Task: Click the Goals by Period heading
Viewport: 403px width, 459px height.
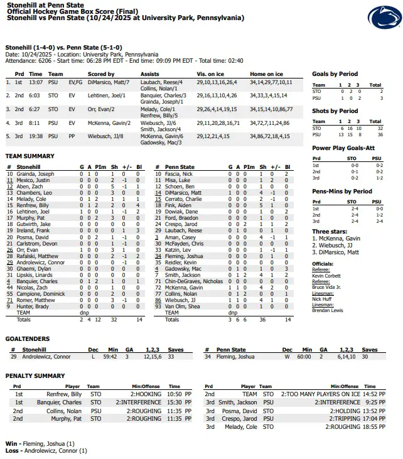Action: pyautogui.click(x=335, y=74)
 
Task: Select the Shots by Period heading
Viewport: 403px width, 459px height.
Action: pyautogui.click(x=335, y=111)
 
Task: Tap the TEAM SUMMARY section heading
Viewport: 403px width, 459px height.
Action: pyautogui.click(x=30, y=156)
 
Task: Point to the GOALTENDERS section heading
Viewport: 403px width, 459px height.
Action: pyautogui.click(x=29, y=338)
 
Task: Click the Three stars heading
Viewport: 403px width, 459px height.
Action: pyautogui.click(x=330, y=232)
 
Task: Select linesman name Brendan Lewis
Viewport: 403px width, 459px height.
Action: pyautogui.click(x=328, y=311)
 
